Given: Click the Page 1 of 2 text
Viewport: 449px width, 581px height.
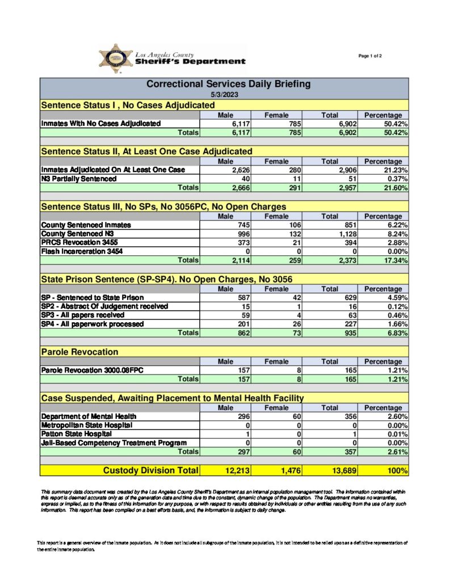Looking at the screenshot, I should pyautogui.click(x=370, y=56).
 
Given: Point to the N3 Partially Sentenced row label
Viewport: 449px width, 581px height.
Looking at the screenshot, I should pyautogui.click(x=79, y=179).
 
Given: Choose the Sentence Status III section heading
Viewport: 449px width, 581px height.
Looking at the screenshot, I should pyautogui.click(x=163, y=207).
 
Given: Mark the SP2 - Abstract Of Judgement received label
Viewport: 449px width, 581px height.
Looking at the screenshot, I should pyautogui.click(x=104, y=306).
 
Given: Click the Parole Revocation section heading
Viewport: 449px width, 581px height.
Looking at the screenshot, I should pyautogui.click(x=79, y=352).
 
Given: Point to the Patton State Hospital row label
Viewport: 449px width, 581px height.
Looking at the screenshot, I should pyautogui.click(x=72, y=433).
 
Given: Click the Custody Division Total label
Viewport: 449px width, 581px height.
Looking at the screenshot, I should pyautogui.click(x=150, y=470).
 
